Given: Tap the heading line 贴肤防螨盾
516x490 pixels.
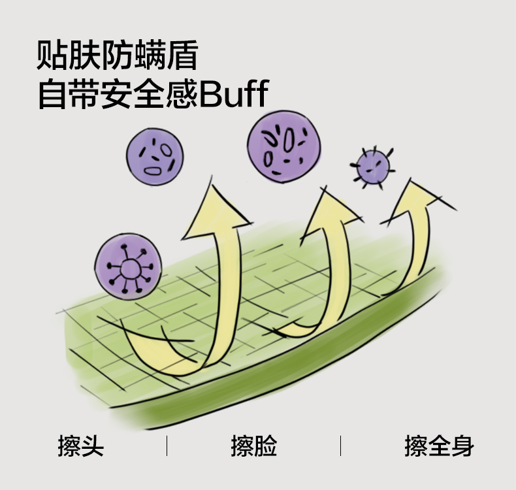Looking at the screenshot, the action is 117,55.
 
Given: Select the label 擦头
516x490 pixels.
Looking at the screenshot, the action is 81,446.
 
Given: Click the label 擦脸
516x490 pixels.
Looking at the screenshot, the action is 254,446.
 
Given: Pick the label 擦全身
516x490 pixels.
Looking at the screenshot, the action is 440,446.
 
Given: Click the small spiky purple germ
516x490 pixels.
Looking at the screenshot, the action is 373,168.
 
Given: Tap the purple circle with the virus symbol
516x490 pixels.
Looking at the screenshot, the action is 128,267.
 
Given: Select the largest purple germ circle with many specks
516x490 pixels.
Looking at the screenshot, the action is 283,147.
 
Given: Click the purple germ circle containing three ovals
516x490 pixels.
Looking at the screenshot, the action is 155,157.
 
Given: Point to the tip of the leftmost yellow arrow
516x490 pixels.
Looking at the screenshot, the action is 211,176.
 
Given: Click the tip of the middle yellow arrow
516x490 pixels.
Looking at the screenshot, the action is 325,187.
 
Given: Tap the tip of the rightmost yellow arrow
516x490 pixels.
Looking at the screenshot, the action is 410,179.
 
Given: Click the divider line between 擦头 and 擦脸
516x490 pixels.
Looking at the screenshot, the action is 167,446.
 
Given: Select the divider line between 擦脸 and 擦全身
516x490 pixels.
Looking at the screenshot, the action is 340,446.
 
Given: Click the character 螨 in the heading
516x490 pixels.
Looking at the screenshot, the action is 150,55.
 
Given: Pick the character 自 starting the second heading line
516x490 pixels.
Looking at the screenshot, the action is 52,93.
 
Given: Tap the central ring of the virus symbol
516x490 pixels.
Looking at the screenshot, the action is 131,269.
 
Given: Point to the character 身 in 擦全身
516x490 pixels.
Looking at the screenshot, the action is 462,446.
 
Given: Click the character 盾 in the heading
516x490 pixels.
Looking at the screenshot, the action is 182,55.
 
